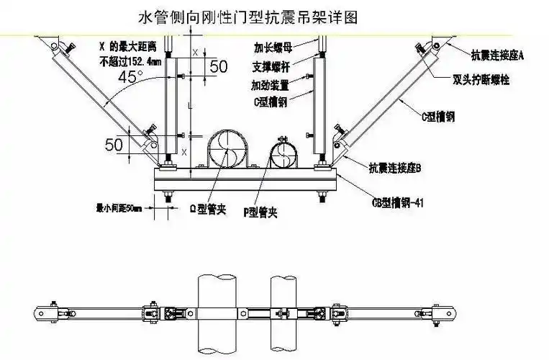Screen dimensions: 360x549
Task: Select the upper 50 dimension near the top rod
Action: tap(219, 66)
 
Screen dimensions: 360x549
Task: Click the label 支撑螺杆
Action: tap(271, 67)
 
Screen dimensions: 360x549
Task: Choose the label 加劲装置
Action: tap(271, 85)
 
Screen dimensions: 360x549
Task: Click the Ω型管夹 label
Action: tap(208, 210)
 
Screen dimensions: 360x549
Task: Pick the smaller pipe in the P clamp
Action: tap(286, 155)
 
